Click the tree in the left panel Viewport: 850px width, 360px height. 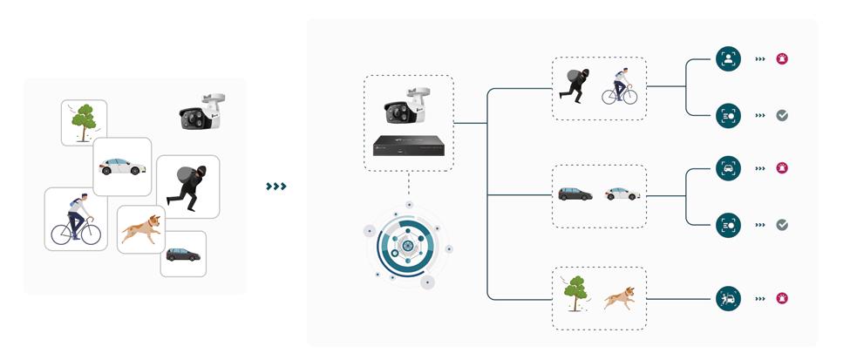coord(84,122)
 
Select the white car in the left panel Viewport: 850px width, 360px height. coord(122,166)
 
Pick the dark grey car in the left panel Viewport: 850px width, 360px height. coord(183,255)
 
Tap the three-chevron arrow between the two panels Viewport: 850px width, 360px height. coord(276,186)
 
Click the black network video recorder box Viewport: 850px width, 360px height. coord(408,146)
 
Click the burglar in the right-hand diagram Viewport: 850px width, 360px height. coord(577,87)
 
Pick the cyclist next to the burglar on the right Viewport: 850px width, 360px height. coord(620,87)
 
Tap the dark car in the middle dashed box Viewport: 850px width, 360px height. coord(576,194)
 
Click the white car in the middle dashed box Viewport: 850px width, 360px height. coord(622,194)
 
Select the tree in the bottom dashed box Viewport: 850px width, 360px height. coord(575,293)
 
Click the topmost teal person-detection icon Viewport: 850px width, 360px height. coord(728,59)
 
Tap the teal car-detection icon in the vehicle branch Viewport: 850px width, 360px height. coord(728,167)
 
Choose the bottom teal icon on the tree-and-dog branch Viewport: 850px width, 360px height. coord(728,299)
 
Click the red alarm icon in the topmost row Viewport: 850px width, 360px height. coord(783,59)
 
